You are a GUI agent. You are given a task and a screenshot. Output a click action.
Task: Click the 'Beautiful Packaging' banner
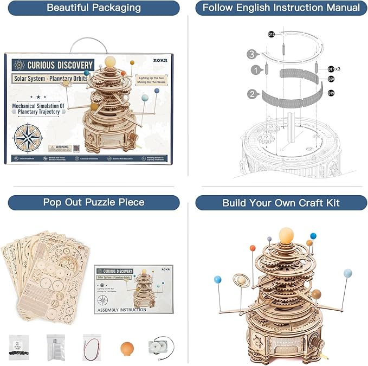[x=94, y=8]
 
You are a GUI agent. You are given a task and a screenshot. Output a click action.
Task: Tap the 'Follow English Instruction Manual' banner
[x=281, y=8]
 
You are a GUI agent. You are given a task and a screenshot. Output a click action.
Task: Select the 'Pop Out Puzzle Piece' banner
[x=94, y=202]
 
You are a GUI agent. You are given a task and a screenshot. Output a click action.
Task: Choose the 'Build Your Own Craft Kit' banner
[x=281, y=203]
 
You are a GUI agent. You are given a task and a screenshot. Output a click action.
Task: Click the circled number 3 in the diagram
[x=251, y=54]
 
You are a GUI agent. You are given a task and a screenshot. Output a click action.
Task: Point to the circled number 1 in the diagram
[x=255, y=70]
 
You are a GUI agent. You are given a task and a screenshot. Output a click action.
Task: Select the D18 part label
[x=271, y=35]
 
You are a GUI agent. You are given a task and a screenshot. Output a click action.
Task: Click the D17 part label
[x=331, y=69]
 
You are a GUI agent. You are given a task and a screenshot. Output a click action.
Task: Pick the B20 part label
[x=331, y=79]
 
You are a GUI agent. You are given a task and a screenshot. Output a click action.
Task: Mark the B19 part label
[x=331, y=93]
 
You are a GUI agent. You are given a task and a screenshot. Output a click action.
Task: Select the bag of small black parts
[x=19, y=346]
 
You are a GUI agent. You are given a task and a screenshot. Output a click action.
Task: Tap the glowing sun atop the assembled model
[x=287, y=235]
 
